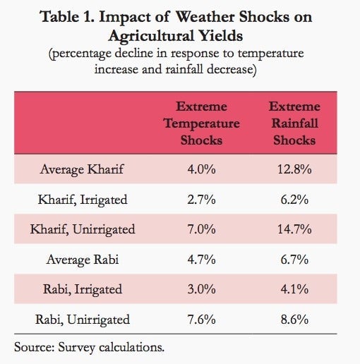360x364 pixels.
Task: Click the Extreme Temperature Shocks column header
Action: (202, 123)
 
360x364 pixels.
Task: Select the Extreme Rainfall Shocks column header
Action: (294, 123)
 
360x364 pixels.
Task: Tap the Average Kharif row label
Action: (82, 169)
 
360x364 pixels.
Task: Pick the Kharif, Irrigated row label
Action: (83, 200)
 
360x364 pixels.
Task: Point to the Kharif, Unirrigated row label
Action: (83, 229)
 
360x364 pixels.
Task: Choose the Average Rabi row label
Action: (83, 260)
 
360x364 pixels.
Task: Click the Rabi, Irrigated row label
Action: (83, 289)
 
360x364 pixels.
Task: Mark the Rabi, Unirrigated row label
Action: (83, 320)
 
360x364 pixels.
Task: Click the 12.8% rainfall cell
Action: (294, 169)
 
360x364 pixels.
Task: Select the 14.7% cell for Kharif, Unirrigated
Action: (294, 229)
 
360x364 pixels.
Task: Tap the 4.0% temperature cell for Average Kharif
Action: (202, 169)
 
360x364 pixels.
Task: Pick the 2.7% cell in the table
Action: (202, 200)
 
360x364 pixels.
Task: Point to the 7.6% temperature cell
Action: (202, 320)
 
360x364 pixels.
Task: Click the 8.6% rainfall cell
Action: (294, 320)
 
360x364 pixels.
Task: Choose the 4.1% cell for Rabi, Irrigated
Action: (294, 289)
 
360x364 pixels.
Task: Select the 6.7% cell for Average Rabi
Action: (294, 260)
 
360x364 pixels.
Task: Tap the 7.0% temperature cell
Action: (202, 229)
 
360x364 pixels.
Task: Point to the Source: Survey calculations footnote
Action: (89, 348)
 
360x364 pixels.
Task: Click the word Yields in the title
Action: (221, 37)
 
